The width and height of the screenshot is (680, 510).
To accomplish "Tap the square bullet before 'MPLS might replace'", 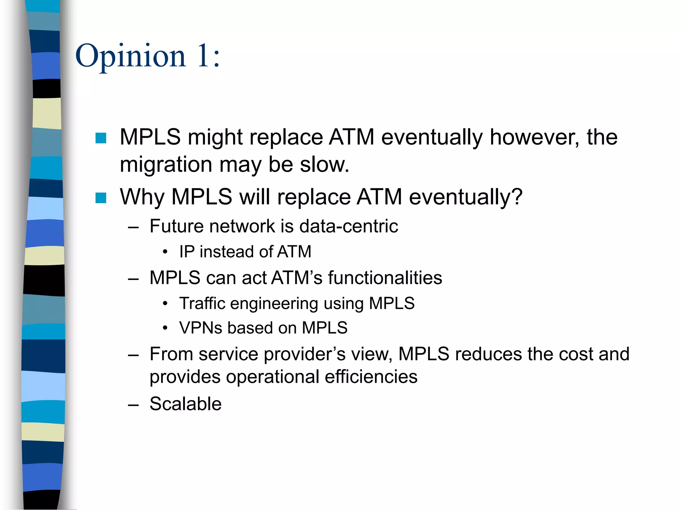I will click(101, 138).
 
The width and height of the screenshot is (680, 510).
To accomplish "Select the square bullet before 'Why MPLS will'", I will click(101, 198).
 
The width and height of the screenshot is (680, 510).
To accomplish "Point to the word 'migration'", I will click(166, 165).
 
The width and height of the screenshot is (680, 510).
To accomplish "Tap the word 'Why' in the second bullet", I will click(142, 197).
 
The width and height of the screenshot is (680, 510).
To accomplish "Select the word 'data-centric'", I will click(348, 226).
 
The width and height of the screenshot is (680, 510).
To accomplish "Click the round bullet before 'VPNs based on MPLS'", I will click(165, 328).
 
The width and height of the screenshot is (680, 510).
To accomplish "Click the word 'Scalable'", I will click(185, 404).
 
